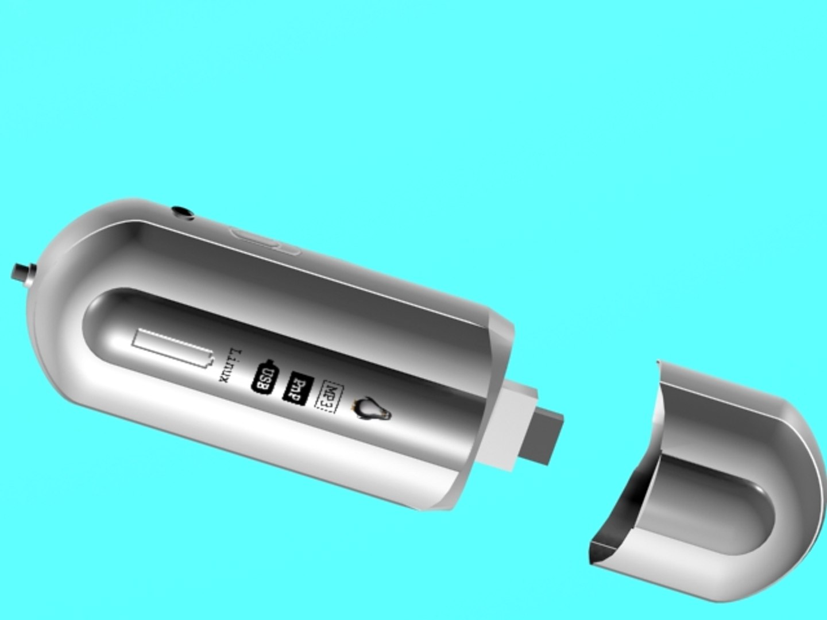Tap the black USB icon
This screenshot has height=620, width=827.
266,377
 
